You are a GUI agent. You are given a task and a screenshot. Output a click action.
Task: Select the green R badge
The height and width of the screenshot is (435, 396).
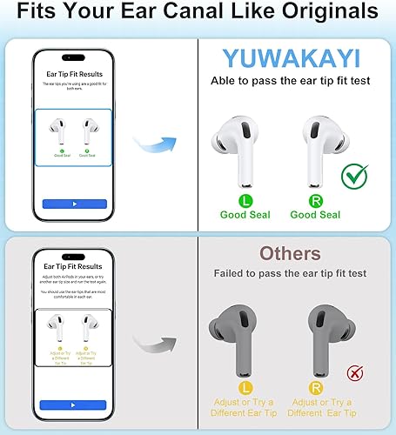click(316, 199)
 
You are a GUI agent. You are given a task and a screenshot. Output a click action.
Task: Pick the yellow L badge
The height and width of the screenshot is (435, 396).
click(245, 385)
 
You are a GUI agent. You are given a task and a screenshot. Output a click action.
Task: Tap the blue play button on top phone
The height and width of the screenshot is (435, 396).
click(74, 204)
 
